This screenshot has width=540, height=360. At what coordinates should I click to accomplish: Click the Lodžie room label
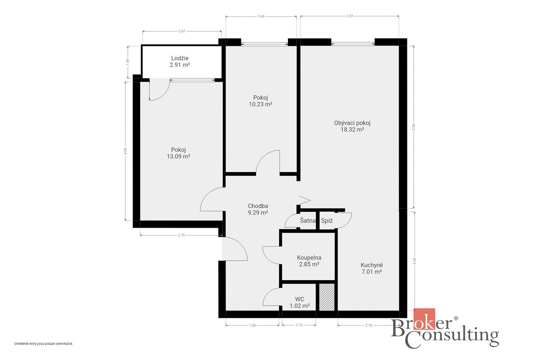click(x=180, y=58)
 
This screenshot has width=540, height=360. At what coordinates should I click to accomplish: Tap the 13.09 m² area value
click(x=179, y=157)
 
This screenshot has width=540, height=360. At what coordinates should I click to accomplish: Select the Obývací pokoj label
click(x=352, y=123)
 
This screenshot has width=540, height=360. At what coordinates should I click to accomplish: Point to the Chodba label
click(x=258, y=206)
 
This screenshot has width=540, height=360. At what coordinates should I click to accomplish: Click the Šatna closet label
click(x=307, y=220)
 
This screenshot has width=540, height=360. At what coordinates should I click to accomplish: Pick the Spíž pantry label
click(x=327, y=221)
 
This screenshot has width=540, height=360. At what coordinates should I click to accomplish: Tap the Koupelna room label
click(x=309, y=258)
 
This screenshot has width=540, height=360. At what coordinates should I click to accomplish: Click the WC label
click(x=300, y=299)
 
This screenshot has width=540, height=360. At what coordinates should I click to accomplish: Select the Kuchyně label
click(x=372, y=265)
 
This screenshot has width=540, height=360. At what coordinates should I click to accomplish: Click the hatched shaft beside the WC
click(x=327, y=297)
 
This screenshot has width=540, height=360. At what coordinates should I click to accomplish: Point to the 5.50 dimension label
click(x=414, y=127)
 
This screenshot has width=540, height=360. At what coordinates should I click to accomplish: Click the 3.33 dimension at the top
click(x=350, y=16)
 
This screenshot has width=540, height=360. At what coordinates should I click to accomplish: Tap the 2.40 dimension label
click(x=261, y=17)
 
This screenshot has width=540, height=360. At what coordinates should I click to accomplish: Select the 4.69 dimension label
click(x=125, y=151)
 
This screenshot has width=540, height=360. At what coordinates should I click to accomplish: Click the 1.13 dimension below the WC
click(x=299, y=325)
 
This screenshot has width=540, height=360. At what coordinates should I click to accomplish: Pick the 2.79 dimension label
click(x=181, y=235)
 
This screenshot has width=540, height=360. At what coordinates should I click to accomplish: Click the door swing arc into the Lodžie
click(x=162, y=95)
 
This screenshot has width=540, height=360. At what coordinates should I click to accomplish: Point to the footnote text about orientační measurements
click(x=44, y=343)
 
